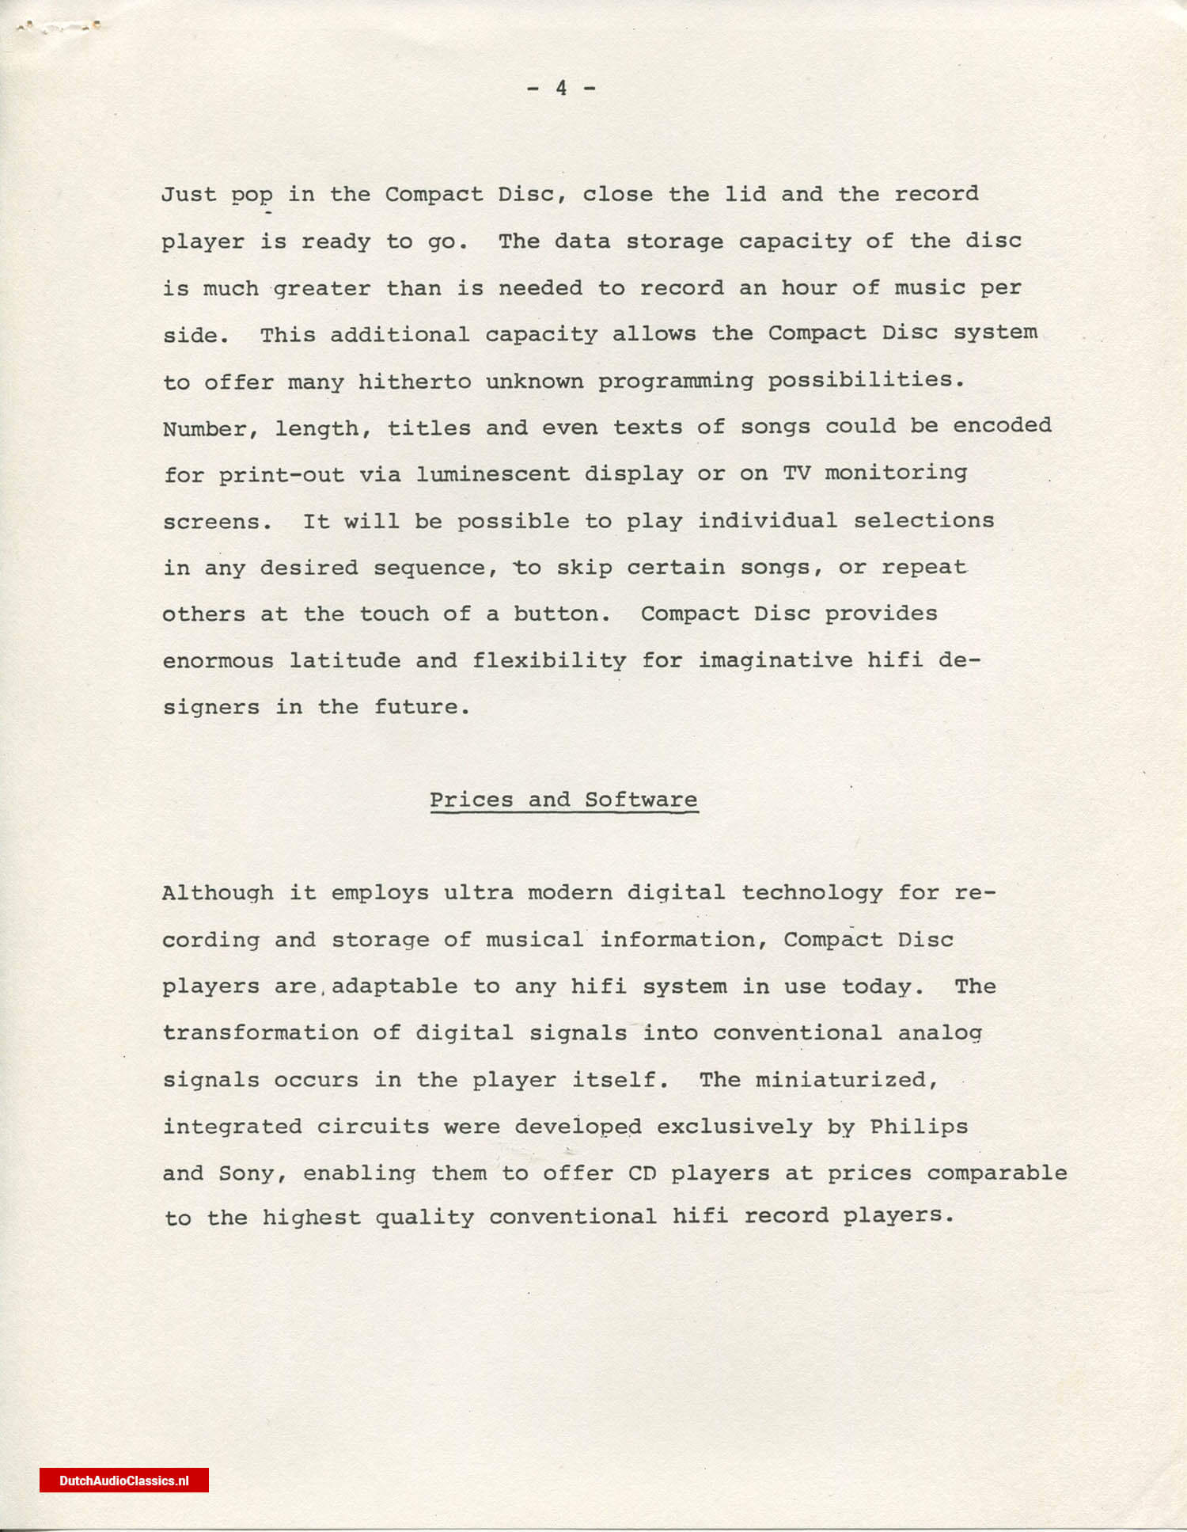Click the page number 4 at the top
[561, 88]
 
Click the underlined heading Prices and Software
[563, 800]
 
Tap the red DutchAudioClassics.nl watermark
[124, 1481]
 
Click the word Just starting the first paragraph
[188, 194]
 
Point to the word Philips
[918, 1127]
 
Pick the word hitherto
[414, 382]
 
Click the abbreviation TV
[796, 473]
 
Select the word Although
[218, 893]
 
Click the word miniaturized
[846, 1080]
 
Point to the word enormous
[218, 660]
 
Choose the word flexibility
[549, 660]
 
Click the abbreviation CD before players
[642, 1173]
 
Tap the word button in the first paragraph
[561, 614]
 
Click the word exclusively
[734, 1127]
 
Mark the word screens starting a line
[216, 522]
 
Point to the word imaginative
[775, 660]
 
